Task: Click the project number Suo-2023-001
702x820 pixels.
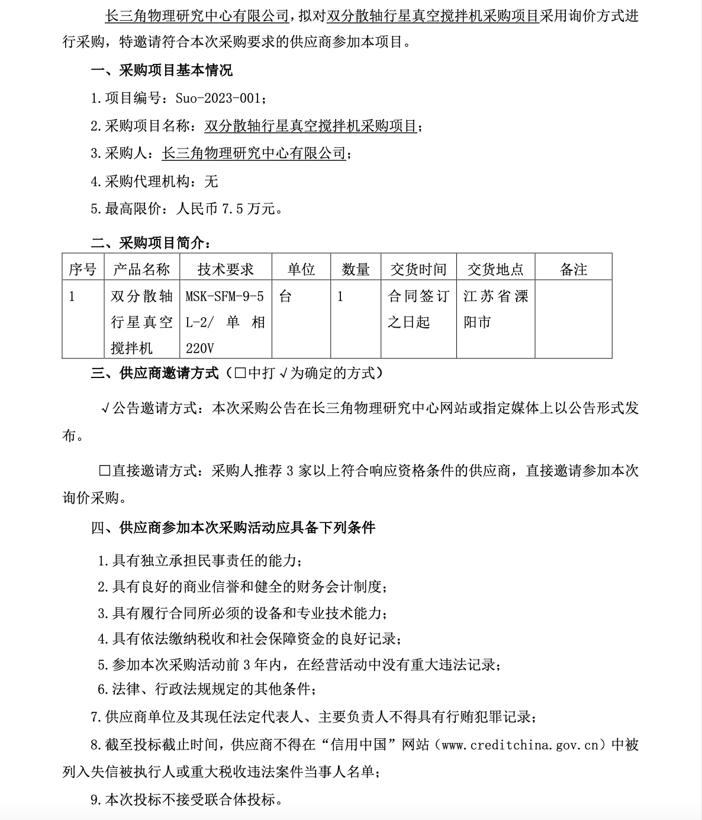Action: tap(217, 98)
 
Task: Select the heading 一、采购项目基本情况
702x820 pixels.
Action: tap(162, 71)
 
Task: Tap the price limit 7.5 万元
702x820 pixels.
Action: tap(247, 209)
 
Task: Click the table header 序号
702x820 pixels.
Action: tap(82, 270)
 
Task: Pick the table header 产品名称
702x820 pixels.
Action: tap(141, 270)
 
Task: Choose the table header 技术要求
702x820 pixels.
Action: tap(225, 270)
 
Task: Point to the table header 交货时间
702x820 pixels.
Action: tap(418, 270)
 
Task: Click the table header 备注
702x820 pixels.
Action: tap(573, 270)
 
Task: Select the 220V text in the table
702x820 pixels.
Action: tap(199, 348)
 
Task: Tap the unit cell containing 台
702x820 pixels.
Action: tap(285, 296)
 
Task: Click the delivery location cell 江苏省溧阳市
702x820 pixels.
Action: tap(495, 309)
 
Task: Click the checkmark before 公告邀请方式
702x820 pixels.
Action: tap(105, 408)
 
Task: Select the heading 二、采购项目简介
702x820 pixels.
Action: tap(150, 243)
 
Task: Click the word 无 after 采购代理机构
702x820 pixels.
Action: tap(211, 181)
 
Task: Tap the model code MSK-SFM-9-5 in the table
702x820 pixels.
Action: tap(224, 296)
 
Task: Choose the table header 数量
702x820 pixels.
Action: tap(355, 270)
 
